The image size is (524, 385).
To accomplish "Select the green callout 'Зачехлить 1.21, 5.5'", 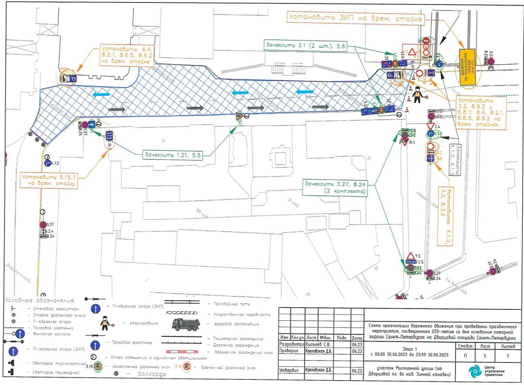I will [175, 154].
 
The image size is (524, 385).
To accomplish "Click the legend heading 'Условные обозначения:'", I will [40, 300].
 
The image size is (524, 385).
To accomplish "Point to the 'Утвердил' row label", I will [289, 370].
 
